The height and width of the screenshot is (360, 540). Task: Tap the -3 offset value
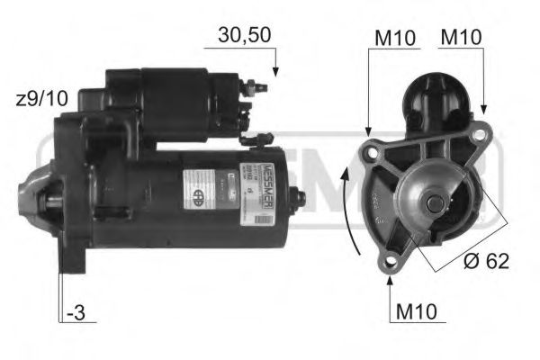click(x=79, y=314)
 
